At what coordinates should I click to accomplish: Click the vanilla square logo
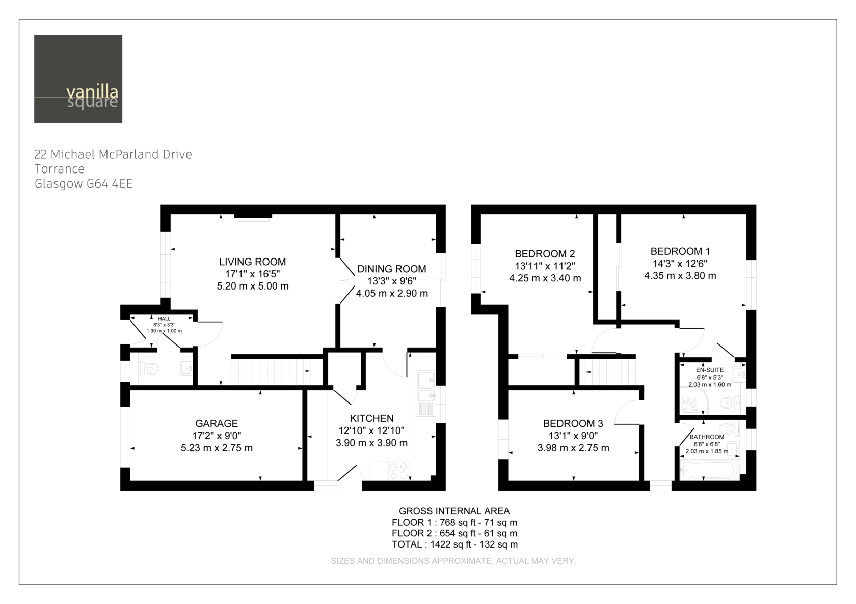[78, 78]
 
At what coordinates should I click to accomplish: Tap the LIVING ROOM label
[252, 262]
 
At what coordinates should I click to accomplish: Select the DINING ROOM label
[392, 269]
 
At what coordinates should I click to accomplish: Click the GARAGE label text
[217, 423]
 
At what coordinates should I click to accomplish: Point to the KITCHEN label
[371, 418]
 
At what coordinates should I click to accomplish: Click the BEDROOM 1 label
[680, 251]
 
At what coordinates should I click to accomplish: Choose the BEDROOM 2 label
[545, 254]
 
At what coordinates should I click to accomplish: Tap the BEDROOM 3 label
[573, 423]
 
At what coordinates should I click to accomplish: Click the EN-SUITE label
[710, 370]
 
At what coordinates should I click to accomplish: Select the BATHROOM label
[707, 437]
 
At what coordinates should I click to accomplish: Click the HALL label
[164, 319]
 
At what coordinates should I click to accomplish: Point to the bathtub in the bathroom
[710, 470]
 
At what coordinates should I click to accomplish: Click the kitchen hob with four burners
[398, 471]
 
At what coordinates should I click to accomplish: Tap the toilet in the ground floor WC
[149, 369]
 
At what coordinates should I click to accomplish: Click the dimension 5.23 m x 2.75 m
[217, 448]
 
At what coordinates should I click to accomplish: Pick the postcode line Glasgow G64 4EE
[84, 184]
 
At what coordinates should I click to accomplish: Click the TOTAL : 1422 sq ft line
[454, 544]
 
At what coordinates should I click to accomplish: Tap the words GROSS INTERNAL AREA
[454, 511]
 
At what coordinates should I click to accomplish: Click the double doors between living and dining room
[347, 281]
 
